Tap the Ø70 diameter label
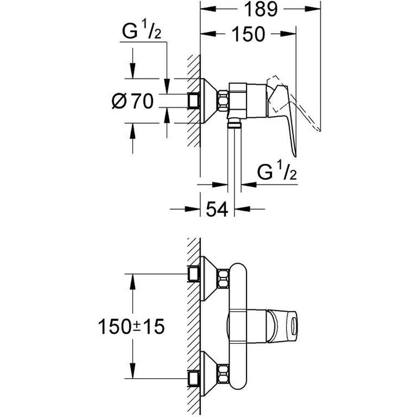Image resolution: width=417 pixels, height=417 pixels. (133, 101)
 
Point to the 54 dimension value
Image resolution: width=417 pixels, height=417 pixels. (217, 208)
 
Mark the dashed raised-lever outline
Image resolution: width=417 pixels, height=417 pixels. (309, 113)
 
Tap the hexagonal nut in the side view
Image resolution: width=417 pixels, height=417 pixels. (223, 101)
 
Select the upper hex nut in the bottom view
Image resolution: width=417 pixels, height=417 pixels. (223, 279)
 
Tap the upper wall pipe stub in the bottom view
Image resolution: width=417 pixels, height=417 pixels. (194, 274)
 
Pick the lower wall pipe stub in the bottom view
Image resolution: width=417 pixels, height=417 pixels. (194, 378)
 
